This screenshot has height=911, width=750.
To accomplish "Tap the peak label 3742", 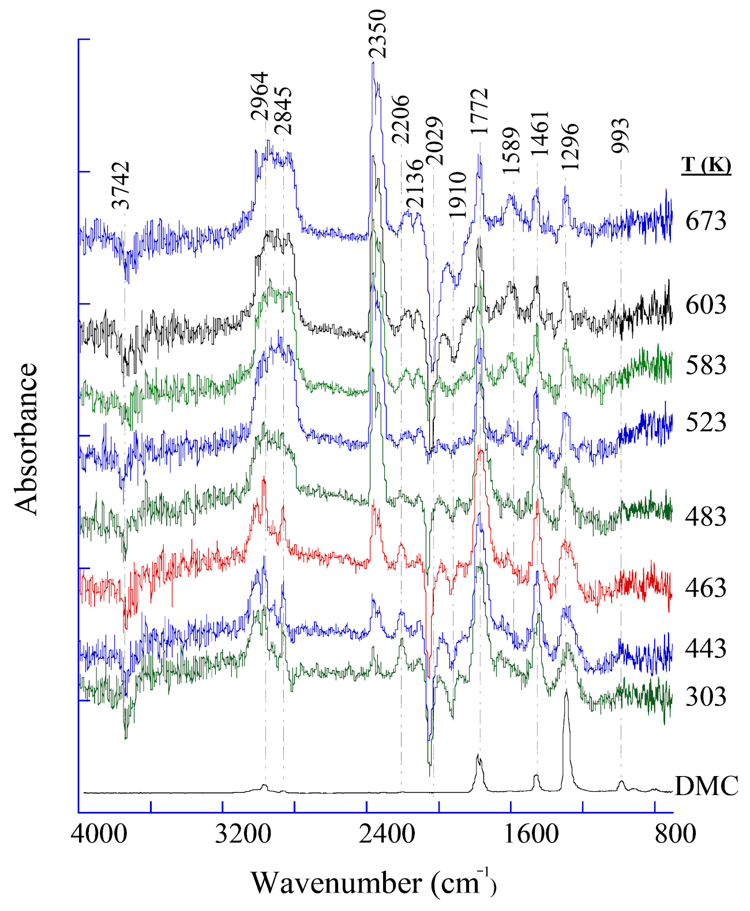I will (121, 185).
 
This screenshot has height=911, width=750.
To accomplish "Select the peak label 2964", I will (259, 96).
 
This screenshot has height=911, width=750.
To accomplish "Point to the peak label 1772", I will (479, 111).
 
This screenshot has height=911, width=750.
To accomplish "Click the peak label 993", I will (620, 135).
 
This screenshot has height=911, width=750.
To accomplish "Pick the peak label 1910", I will (457, 194).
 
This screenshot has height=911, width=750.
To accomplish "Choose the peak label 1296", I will (569, 146).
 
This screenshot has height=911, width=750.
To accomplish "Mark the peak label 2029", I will (434, 141).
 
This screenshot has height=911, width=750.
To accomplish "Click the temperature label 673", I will (706, 221).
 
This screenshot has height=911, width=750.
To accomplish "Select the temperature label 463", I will (706, 588).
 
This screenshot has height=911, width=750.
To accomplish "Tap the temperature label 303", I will (706, 697).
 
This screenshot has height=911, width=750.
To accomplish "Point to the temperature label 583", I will (706, 365).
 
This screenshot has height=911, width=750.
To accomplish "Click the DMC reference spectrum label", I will (707, 786).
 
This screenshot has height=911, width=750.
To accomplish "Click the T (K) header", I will (706, 165).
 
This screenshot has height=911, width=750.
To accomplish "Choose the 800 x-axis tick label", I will (674, 834).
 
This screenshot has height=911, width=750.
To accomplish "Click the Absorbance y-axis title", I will (27, 438).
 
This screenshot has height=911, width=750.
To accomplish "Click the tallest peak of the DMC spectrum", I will (566, 692).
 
